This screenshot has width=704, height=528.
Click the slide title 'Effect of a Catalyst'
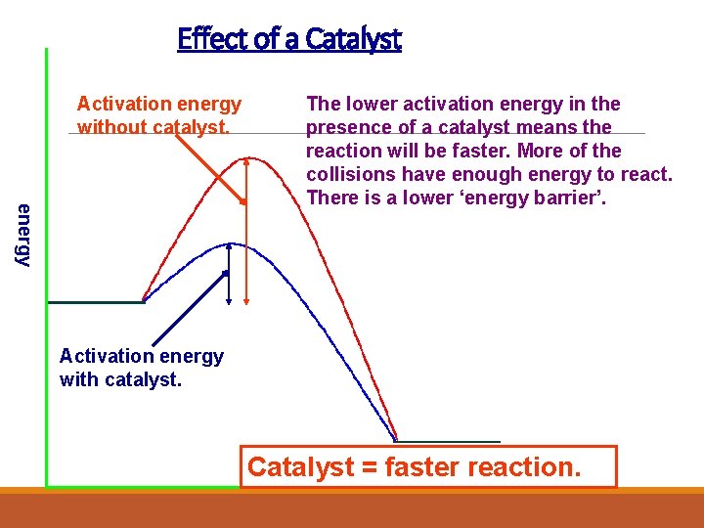[289, 39]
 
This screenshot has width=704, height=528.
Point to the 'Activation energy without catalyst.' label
[159, 115]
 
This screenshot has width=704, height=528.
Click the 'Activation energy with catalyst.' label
[142, 368]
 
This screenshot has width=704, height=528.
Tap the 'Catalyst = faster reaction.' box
[428, 467]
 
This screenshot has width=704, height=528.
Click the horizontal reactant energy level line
[95, 302]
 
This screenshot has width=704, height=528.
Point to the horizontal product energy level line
[448, 442]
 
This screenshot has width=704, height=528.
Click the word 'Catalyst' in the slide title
[353, 39]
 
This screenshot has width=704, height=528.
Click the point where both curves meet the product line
[395, 440]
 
